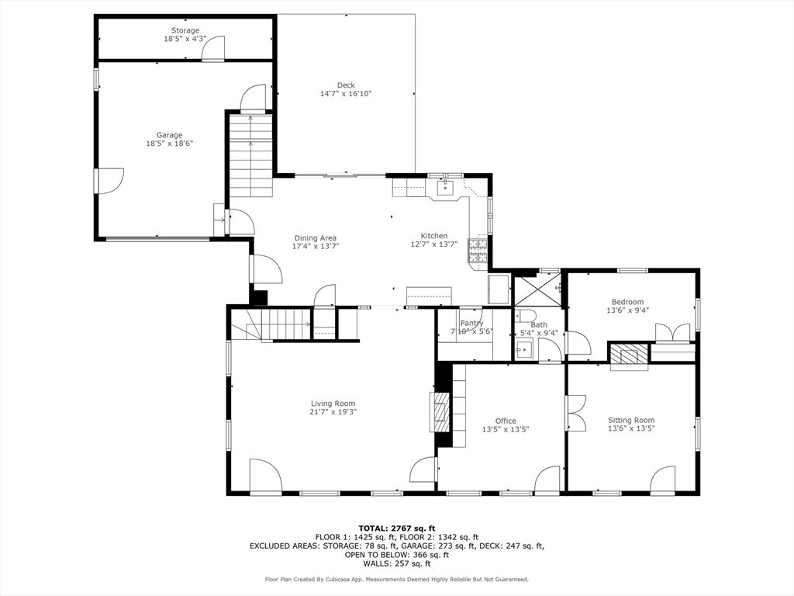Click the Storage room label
pyautogui.click(x=185, y=30)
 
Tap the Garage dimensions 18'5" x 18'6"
pyautogui.click(x=170, y=144)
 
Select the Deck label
pyautogui.click(x=346, y=85)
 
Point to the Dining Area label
pyautogui.click(x=316, y=237)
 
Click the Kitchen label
pyautogui.click(x=434, y=236)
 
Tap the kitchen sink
pyautogui.click(x=445, y=188)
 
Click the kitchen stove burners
pyautogui.click(x=478, y=250)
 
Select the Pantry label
pyautogui.click(x=471, y=323)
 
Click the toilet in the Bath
pyautogui.click(x=522, y=316)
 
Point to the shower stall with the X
pyautogui.click(x=538, y=290)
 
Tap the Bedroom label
pyautogui.click(x=627, y=302)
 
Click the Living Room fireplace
pyautogui.click(x=440, y=411)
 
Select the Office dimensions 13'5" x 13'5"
pyautogui.click(x=506, y=429)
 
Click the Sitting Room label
pyautogui.click(x=631, y=420)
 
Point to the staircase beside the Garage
pyautogui.click(x=251, y=155)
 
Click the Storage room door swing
pyautogui.click(x=213, y=48)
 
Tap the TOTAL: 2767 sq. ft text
pyautogui.click(x=396, y=528)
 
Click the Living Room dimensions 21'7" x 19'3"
pyautogui.click(x=333, y=412)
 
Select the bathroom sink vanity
pyautogui.click(x=524, y=349)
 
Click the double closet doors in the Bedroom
pyautogui.click(x=672, y=334)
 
